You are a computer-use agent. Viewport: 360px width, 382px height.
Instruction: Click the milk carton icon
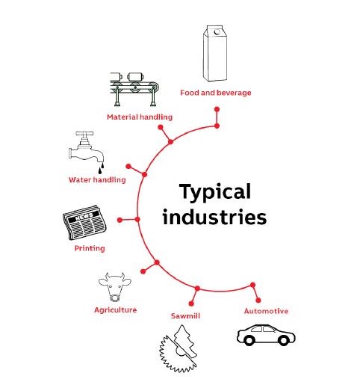tap(215, 53)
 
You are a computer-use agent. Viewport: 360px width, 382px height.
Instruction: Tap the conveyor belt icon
tap(134, 89)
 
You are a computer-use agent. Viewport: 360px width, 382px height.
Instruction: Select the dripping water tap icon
tap(87, 153)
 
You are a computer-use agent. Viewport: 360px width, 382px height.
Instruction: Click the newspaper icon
tap(84, 223)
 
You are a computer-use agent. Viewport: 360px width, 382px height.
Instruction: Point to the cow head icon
tap(115, 287)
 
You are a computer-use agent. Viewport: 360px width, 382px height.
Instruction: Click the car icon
tap(266, 335)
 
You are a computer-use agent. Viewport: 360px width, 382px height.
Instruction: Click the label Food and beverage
tap(216, 93)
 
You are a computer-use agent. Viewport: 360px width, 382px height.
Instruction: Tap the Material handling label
tap(140, 117)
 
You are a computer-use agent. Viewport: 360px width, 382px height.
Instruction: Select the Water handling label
tap(97, 179)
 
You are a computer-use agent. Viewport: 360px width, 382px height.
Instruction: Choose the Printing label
tap(90, 248)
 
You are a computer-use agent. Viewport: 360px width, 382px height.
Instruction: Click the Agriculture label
tap(116, 310)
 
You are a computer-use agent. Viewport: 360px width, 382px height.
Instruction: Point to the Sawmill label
tap(185, 316)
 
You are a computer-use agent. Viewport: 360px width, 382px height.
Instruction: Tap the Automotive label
tap(266, 311)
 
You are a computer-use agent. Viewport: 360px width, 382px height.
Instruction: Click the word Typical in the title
tap(215, 192)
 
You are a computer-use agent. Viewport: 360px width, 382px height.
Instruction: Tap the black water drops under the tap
tap(101, 168)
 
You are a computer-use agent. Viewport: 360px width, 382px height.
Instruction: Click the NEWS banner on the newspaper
tap(84, 217)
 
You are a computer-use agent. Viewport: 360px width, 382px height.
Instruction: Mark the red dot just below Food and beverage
tap(217, 109)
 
